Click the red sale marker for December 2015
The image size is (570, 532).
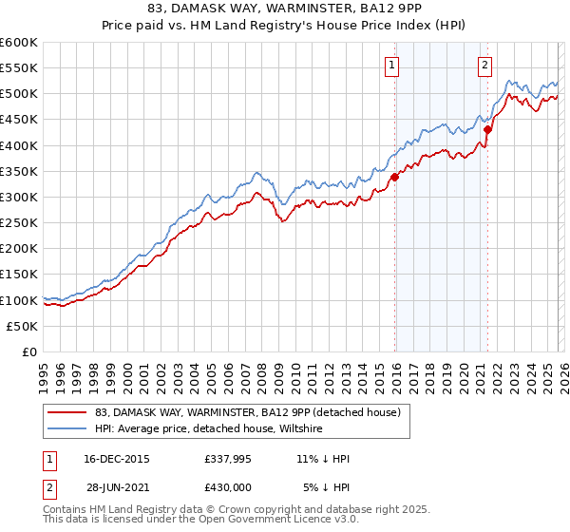click(394, 176)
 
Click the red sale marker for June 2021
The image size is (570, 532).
click(487, 129)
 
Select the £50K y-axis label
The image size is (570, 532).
click(22, 326)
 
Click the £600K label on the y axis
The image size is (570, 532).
click(19, 43)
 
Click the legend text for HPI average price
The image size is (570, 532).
click(209, 428)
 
